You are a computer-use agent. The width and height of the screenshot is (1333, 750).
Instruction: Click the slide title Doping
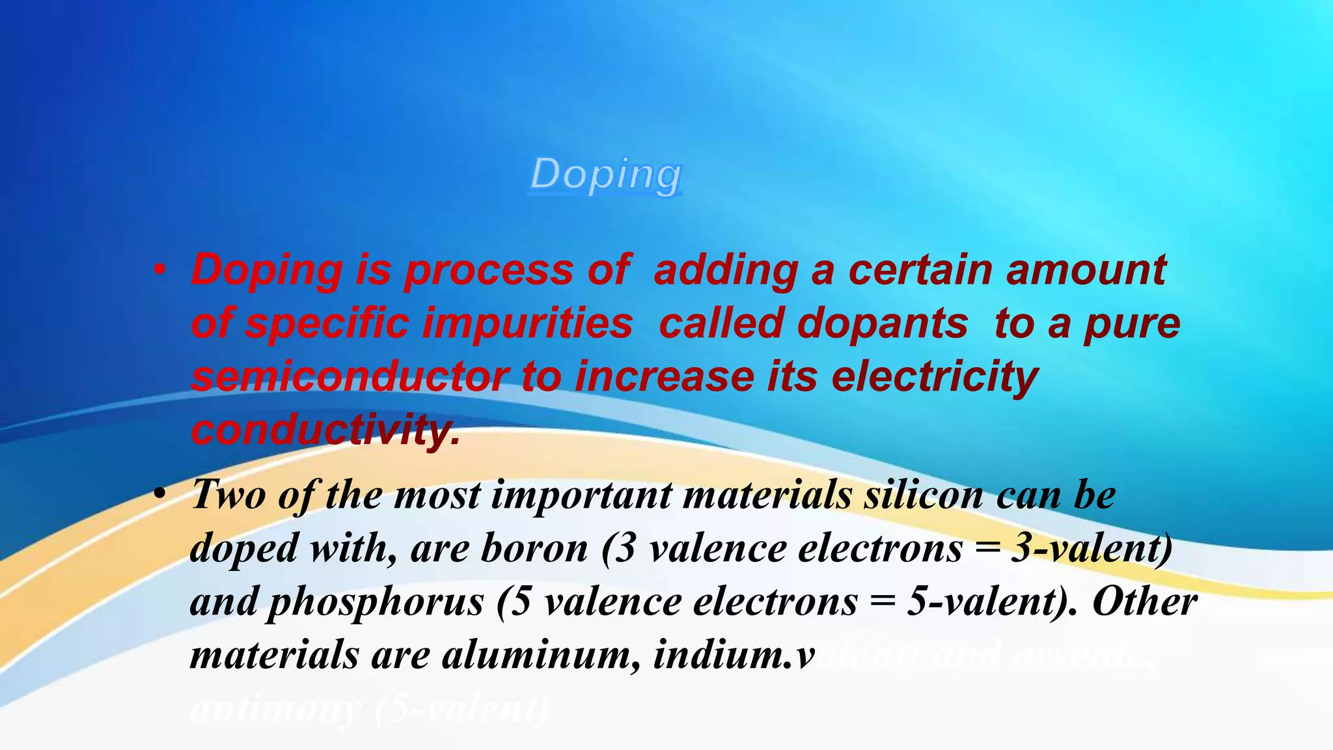[606, 174]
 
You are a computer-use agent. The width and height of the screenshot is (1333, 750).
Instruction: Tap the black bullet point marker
[159, 494]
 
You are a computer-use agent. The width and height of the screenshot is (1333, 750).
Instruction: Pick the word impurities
[527, 324]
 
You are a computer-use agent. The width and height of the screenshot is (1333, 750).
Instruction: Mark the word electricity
[935, 378]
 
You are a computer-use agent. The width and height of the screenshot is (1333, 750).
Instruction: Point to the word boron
[534, 548]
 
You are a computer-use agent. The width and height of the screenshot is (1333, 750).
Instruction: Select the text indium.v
[734, 654]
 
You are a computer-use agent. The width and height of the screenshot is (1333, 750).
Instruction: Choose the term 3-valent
[1091, 548]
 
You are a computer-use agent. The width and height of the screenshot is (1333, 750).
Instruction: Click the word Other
[1145, 602]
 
